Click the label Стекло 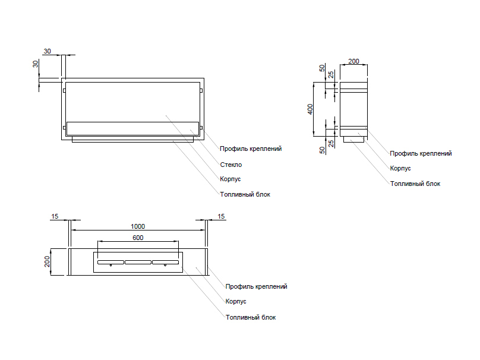click(x=230, y=165)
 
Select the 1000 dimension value click(x=138, y=226)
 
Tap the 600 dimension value click(x=138, y=238)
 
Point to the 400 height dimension click(x=310, y=110)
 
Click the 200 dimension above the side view click(x=353, y=61)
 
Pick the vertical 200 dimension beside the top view click(x=48, y=262)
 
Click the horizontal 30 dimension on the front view click(x=48, y=52)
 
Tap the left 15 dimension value click(x=55, y=216)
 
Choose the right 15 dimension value click(x=222, y=216)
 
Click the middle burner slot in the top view click(x=138, y=262)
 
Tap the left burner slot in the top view click(x=110, y=262)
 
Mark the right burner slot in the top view click(x=165, y=262)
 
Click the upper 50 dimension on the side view click(x=322, y=68)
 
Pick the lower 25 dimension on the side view click(x=331, y=143)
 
